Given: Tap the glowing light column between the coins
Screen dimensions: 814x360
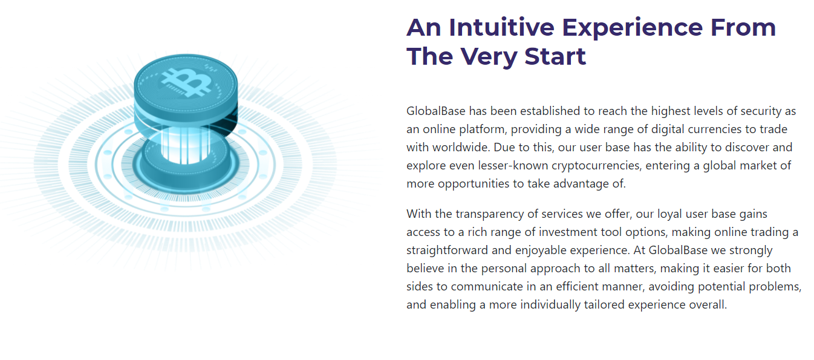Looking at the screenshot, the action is (185, 145).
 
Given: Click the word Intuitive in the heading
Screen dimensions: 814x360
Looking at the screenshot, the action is (501, 27).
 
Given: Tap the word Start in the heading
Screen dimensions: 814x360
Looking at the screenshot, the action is (555, 56).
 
